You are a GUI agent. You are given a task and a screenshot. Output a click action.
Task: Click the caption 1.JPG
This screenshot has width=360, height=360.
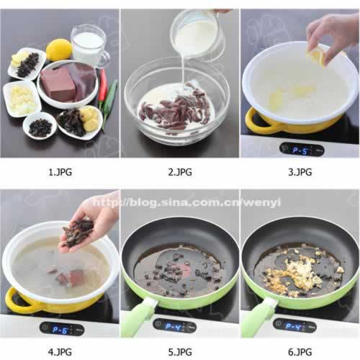60,172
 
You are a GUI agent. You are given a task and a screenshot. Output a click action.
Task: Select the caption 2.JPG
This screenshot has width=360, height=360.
180,172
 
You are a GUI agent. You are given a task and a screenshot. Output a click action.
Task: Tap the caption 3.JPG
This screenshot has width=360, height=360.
300,172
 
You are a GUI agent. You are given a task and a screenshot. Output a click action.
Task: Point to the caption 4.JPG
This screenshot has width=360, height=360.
60,352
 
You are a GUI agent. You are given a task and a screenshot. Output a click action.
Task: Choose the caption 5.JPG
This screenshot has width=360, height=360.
180,352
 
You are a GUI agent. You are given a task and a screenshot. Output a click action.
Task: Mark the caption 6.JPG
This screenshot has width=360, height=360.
300,352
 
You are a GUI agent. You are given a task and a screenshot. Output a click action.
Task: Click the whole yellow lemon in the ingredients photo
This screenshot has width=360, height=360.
59,50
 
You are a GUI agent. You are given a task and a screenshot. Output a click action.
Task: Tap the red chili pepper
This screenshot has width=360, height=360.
102,86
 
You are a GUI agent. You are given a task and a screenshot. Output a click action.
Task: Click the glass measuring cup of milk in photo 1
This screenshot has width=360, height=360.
89,46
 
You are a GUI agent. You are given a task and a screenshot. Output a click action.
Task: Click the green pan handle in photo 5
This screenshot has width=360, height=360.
138,317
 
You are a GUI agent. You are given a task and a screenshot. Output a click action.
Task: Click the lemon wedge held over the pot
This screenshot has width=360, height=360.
315,55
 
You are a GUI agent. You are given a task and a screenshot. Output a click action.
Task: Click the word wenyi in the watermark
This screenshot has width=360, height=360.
263,203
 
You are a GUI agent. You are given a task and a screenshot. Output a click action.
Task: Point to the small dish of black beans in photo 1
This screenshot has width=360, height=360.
40,125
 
